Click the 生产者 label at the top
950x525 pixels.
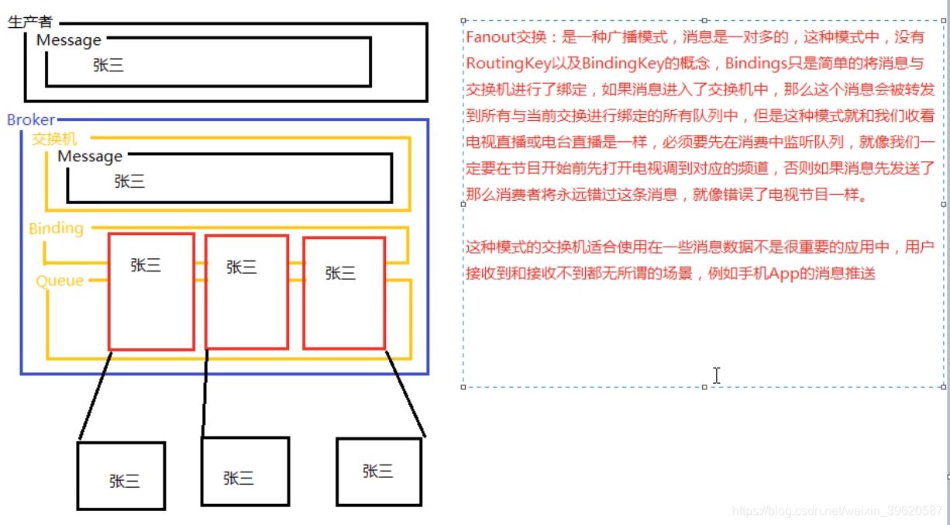30,22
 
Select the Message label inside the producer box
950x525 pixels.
68,40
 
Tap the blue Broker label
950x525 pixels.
31,119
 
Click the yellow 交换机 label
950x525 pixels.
54,139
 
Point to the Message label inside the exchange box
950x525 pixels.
90,156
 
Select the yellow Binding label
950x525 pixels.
56,228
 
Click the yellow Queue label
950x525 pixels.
60,281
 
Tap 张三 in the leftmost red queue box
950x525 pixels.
146,265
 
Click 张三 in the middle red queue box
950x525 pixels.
241,268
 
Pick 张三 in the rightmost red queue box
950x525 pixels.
340,273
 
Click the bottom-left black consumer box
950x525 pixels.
121,475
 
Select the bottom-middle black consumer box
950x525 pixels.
245,471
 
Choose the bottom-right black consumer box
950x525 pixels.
379,471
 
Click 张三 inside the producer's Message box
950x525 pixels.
108,66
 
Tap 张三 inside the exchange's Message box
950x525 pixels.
129,181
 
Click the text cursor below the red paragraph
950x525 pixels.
717,375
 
